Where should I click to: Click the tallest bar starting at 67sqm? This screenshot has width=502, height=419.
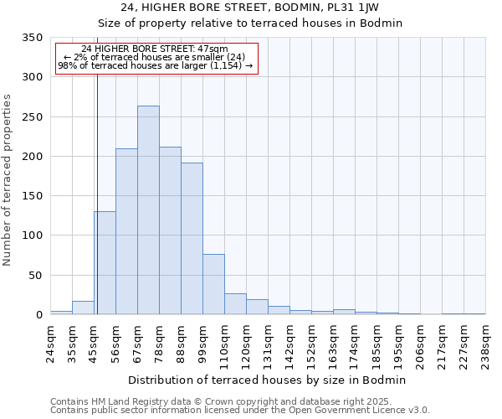[148, 210]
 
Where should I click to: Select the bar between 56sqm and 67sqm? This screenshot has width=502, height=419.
[126, 231]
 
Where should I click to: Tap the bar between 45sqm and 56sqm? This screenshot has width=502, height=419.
[105, 263]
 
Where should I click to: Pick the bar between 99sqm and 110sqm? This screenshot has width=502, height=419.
[213, 284]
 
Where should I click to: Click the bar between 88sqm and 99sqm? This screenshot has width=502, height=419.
[192, 239]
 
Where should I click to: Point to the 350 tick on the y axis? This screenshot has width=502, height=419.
[32, 38]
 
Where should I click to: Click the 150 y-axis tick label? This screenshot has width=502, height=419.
[32, 196]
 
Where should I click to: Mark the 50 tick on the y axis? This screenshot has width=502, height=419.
[35, 276]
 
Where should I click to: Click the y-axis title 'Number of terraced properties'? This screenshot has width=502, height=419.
[8, 180]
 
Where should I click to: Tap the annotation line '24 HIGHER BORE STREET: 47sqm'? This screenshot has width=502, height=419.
[155, 49]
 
